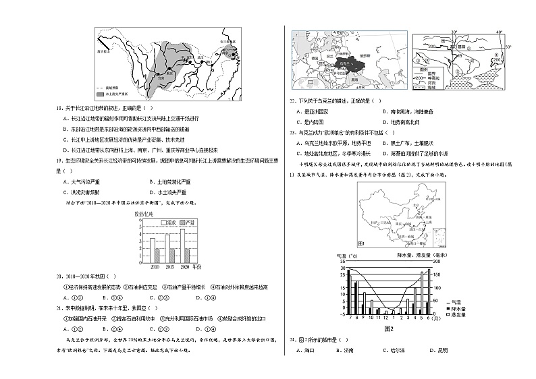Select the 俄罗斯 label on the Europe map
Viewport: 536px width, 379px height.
coord(365,55)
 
